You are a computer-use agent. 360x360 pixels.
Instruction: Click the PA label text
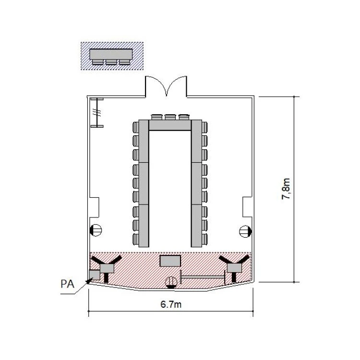(x=68, y=284)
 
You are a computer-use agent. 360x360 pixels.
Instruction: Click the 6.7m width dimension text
(x=171, y=304)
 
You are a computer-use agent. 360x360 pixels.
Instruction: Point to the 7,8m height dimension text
(x=286, y=189)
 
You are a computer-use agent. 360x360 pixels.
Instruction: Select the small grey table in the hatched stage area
(x=170, y=261)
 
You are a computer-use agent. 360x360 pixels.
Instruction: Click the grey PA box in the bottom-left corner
(x=95, y=275)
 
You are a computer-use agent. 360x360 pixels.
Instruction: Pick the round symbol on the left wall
(x=96, y=230)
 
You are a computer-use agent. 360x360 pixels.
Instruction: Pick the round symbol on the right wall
(x=245, y=231)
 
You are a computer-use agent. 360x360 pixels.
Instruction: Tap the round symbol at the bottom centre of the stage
(x=171, y=282)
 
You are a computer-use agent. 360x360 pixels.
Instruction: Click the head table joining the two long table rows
(x=170, y=125)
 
